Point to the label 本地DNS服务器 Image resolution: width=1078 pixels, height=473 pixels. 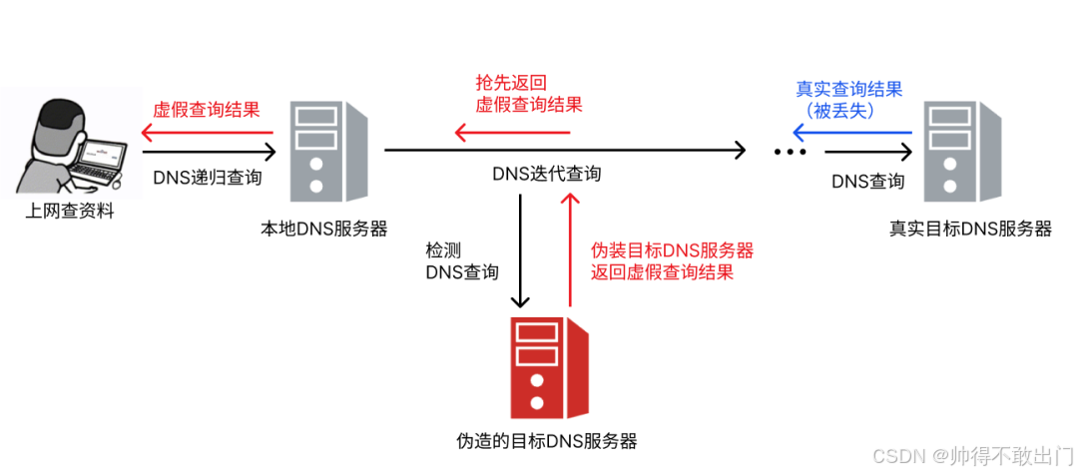[x=323, y=229]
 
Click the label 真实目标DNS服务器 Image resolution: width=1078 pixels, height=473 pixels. [x=970, y=229]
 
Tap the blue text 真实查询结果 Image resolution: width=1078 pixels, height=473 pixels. [x=848, y=90]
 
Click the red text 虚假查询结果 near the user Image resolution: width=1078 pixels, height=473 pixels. [x=207, y=110]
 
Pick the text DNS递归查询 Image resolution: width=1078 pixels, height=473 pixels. [x=208, y=178]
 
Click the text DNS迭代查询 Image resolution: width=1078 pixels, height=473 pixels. [x=547, y=174]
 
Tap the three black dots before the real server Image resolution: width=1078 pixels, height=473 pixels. [x=790, y=153]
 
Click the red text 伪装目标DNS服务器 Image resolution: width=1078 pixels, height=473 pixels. [x=672, y=249]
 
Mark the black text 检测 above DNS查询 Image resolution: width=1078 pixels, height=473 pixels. [x=443, y=249]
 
